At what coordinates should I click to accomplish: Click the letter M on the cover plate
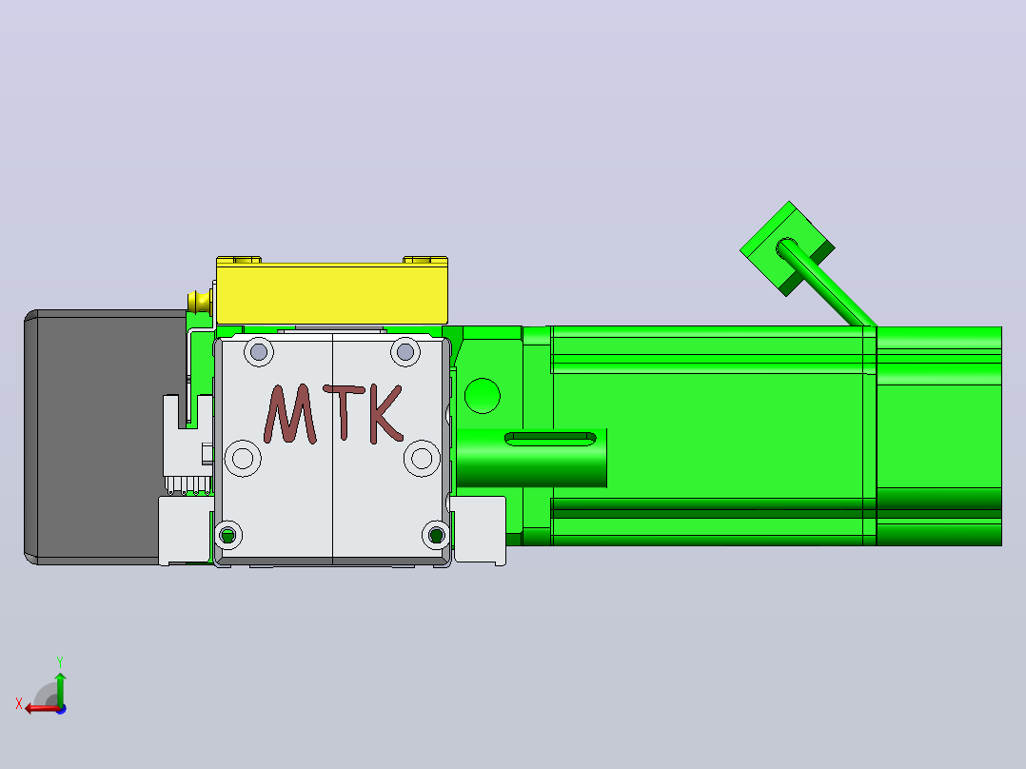[290, 414]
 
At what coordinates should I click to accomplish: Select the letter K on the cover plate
[386, 414]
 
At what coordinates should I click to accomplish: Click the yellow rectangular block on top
[332, 292]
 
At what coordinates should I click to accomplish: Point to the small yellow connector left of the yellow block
[200, 302]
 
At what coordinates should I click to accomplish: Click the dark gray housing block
[98, 437]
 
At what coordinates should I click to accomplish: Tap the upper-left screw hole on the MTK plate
[259, 352]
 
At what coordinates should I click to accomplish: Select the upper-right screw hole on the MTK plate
[405, 352]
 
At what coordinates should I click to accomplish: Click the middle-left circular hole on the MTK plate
[243, 458]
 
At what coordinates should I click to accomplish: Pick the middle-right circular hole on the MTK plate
[422, 458]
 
